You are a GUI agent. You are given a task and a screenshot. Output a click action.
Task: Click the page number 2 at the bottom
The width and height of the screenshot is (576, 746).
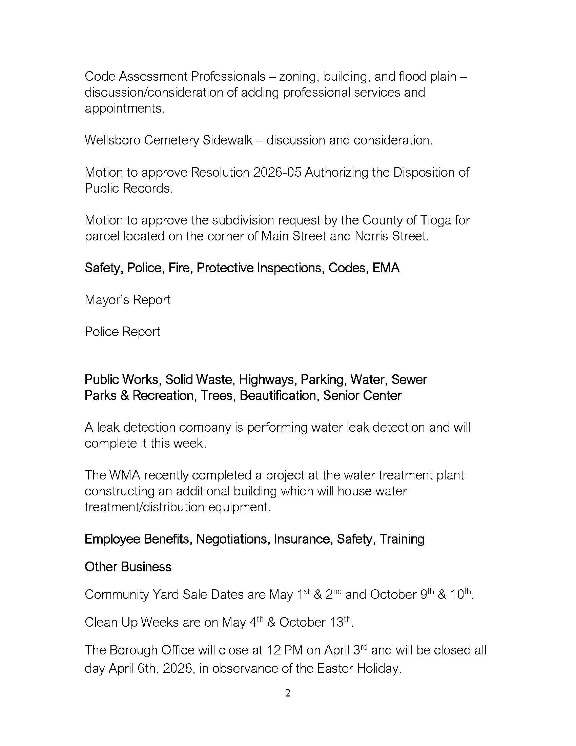(x=288, y=693)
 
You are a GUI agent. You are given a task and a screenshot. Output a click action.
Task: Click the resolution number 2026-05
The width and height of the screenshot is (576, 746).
(x=277, y=173)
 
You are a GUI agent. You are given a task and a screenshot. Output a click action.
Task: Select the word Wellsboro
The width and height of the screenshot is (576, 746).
(x=112, y=140)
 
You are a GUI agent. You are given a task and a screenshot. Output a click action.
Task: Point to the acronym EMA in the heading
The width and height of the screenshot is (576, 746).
(x=386, y=268)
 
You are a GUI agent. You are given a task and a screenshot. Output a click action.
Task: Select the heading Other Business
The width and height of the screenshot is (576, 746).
(x=128, y=567)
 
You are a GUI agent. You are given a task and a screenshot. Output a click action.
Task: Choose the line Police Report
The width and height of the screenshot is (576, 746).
(x=122, y=332)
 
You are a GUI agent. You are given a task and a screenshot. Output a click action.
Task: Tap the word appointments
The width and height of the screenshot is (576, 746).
(x=125, y=109)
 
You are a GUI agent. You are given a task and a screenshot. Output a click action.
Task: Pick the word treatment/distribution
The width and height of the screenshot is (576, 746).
(x=144, y=507)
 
